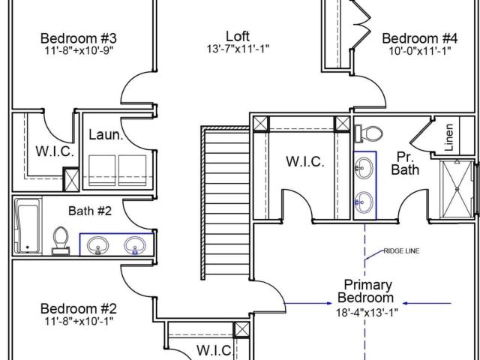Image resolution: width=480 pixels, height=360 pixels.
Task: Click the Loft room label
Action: tap(238, 36)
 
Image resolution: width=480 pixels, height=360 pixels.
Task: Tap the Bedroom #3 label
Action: tap(78, 38)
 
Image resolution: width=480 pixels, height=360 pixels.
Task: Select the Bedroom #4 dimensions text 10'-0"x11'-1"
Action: tap(420, 50)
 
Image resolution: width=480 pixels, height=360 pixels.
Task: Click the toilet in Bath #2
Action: tap(61, 241)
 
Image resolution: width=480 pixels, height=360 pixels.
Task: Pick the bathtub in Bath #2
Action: tap(28, 226)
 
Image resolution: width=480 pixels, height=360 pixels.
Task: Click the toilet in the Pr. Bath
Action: tap(368, 133)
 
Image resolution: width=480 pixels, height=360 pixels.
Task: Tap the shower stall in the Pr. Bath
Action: tap(457, 189)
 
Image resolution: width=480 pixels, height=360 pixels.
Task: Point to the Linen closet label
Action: tap(448, 136)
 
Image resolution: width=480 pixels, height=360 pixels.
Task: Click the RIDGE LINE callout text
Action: tap(401, 251)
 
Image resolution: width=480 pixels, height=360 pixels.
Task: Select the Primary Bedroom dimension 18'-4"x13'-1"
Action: tap(367, 313)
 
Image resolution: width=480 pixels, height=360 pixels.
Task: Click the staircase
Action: tap(226, 203)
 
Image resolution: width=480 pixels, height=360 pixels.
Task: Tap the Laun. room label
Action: tap(106, 135)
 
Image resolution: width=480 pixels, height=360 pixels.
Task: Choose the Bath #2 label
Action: tap(90, 211)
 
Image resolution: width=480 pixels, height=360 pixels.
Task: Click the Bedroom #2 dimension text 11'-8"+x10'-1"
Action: tap(79, 321)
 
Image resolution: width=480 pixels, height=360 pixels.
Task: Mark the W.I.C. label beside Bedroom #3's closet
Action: tap(55, 151)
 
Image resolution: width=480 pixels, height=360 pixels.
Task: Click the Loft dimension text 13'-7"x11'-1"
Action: tap(238, 49)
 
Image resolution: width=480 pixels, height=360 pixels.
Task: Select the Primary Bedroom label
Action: tap(366, 291)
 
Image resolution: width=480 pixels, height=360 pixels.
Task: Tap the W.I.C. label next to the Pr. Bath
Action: tap(305, 162)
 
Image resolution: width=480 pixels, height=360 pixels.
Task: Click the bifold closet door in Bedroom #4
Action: tap(361, 25)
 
